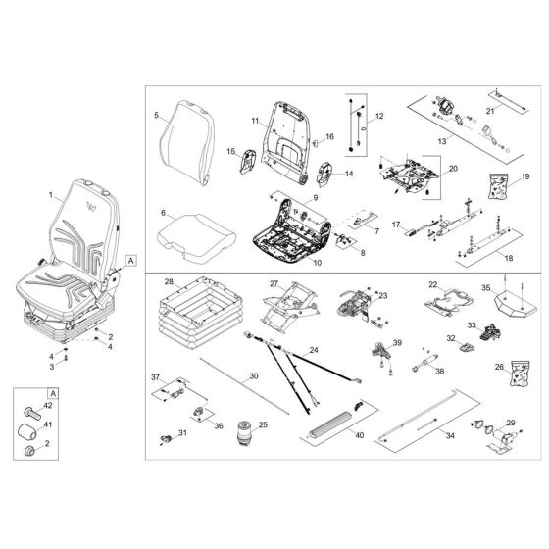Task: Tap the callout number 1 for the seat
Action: pyautogui.click(x=50, y=195)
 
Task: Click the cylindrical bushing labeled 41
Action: pyautogui.click(x=26, y=429)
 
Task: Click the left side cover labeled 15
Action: pyautogui.click(x=247, y=160)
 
